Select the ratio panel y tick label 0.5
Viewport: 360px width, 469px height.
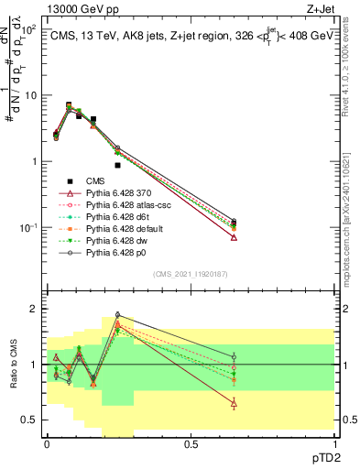pos(30,420)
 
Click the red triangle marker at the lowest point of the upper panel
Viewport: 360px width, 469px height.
pos(235,237)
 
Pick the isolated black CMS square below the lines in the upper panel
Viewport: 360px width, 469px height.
pos(117,166)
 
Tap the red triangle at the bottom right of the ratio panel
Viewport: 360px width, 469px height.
pos(235,403)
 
